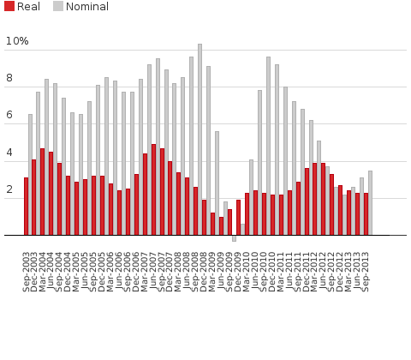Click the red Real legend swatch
tap(9, 7)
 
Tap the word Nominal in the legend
tap(86, 7)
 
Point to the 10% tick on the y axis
tap(17, 41)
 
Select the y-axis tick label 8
tap(9, 78)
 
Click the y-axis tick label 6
tap(9, 115)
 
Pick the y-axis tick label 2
tap(9, 189)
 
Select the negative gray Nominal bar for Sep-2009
tap(234, 237)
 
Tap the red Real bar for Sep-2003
tap(26, 207)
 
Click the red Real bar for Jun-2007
tap(153, 189)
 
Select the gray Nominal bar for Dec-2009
tap(242, 230)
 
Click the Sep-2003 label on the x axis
tap(28, 267)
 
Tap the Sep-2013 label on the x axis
tap(368, 267)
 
